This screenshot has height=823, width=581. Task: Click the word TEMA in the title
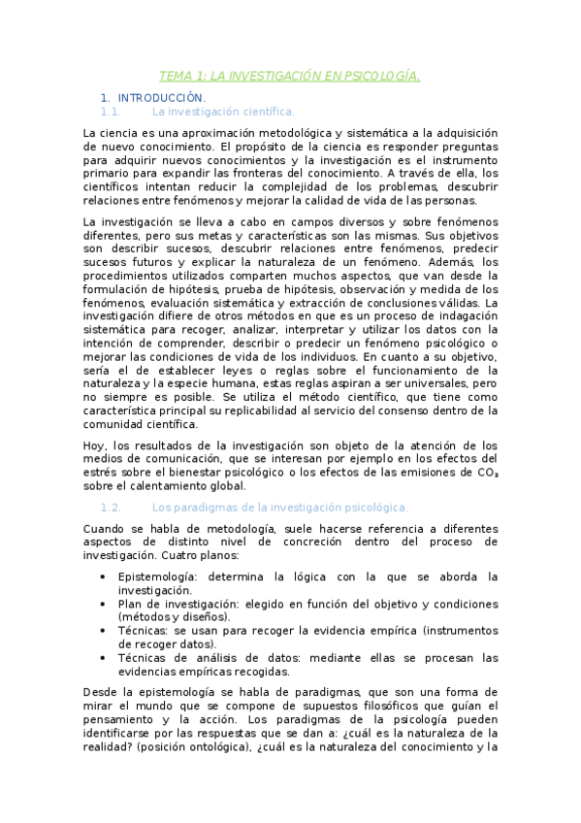coord(176,77)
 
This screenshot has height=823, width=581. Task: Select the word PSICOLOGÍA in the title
coord(382,77)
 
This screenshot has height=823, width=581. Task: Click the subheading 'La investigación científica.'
coord(224,112)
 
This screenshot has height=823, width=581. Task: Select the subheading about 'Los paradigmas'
coord(280,507)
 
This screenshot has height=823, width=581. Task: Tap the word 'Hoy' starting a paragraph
coord(94,445)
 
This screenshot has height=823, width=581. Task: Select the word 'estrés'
coord(99,473)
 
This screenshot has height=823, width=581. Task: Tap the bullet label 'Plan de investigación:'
coord(174,603)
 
